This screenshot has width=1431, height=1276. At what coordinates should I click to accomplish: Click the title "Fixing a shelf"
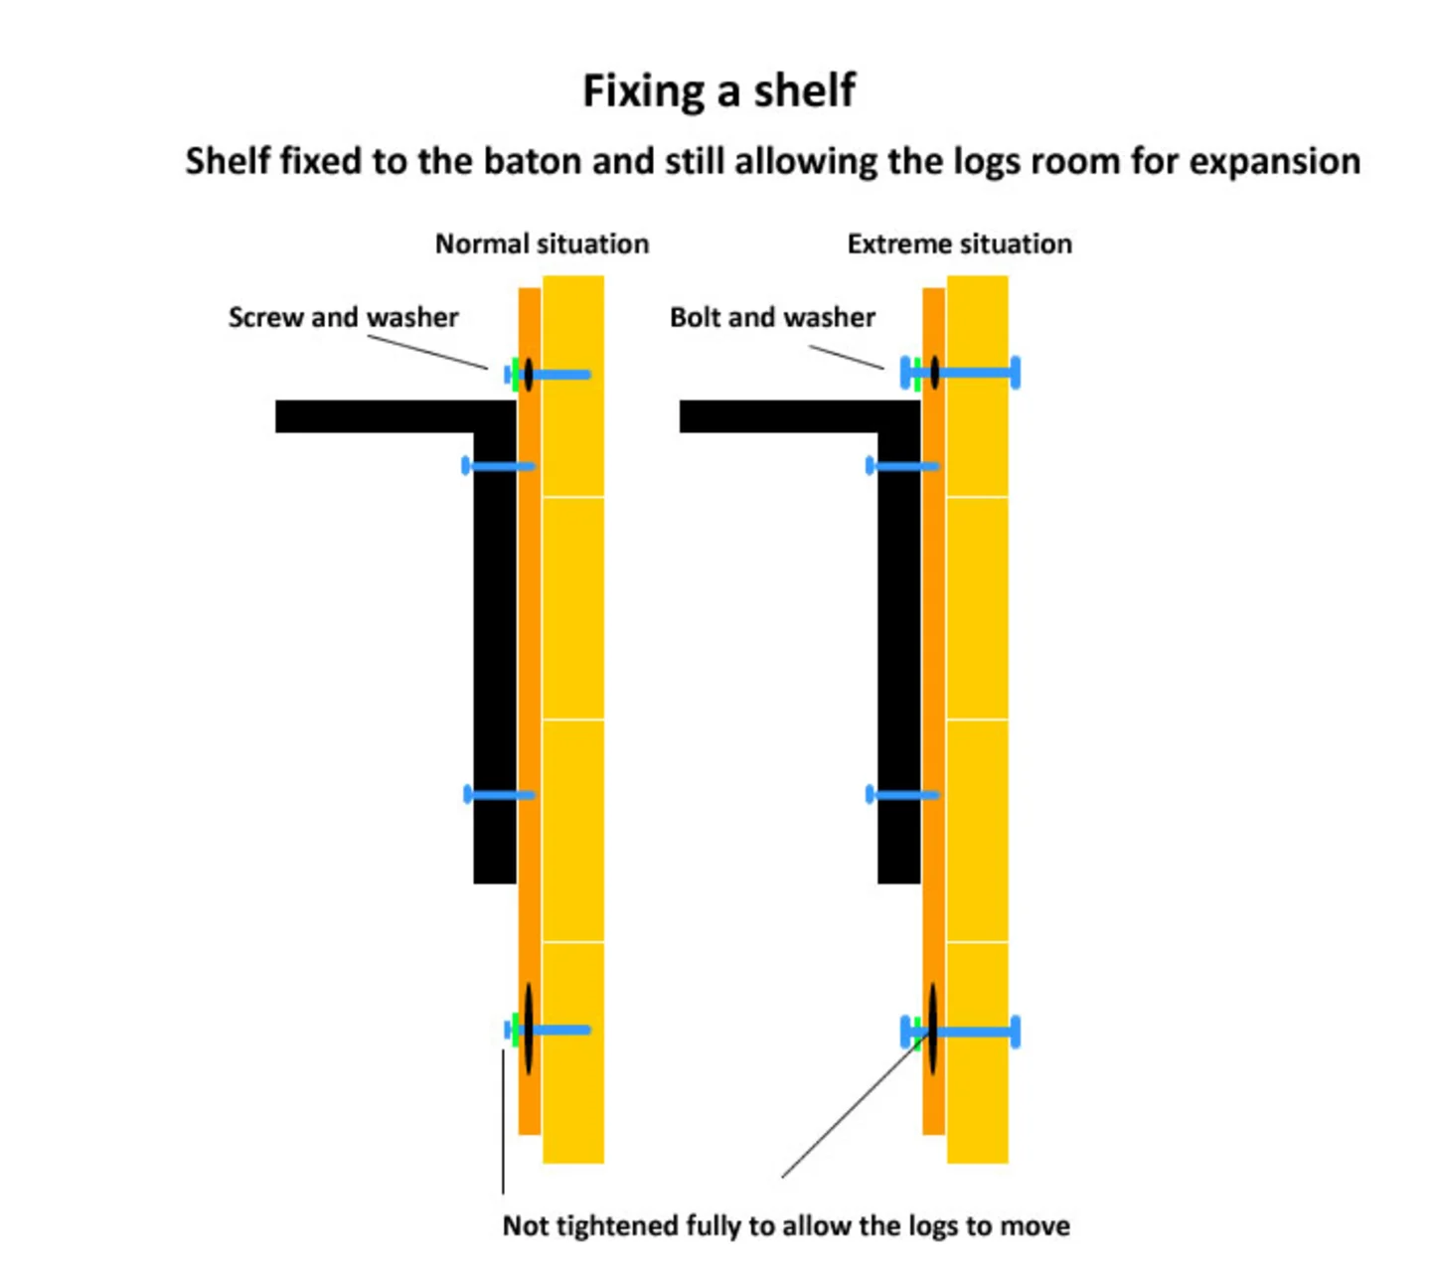click(x=717, y=91)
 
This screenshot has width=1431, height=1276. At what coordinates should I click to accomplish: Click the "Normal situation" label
click(x=542, y=244)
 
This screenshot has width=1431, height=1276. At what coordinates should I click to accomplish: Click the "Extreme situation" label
click(x=959, y=244)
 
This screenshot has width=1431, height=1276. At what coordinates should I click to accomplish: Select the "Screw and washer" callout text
click(x=343, y=318)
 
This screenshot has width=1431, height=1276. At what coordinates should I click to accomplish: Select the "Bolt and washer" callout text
click(x=772, y=318)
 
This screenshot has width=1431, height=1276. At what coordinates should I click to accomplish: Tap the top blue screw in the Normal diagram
click(x=558, y=375)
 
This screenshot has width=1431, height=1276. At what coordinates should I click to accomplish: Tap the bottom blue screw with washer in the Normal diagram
click(x=558, y=1030)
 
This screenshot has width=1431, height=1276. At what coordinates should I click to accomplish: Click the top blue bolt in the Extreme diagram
click(x=974, y=373)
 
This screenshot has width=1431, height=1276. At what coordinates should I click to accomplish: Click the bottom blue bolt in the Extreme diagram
click(x=974, y=1032)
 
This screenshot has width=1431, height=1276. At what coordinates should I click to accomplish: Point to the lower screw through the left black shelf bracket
click(x=499, y=794)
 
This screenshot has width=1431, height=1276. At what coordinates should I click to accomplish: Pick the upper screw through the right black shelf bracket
click(x=902, y=466)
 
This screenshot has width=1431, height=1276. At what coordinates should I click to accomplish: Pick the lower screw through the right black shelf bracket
click(x=902, y=795)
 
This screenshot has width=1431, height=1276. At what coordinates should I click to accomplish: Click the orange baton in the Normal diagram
click(x=530, y=646)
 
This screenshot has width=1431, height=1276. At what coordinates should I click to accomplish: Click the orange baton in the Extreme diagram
click(x=933, y=646)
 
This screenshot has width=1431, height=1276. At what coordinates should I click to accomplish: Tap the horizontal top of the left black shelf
click(x=378, y=416)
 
